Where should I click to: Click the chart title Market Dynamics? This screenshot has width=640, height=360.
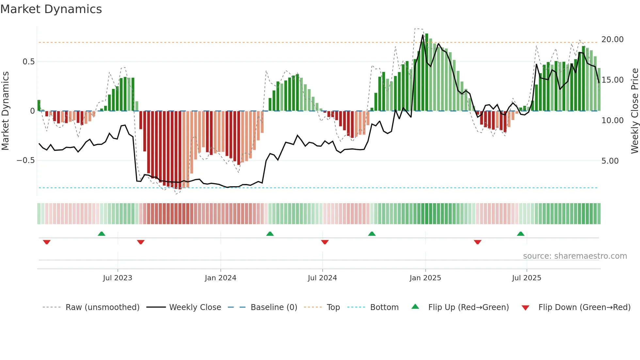click(x=51, y=9)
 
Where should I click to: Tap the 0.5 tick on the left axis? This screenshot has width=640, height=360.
click(x=28, y=62)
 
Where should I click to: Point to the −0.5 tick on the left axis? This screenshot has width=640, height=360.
click(x=25, y=160)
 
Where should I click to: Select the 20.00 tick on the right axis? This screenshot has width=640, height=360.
click(x=612, y=40)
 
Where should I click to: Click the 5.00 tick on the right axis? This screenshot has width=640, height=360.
click(x=610, y=161)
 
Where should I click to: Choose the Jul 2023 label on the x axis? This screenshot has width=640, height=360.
click(x=118, y=278)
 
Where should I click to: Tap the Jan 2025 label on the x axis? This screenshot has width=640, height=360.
click(x=425, y=278)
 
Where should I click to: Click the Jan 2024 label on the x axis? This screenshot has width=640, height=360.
click(x=220, y=278)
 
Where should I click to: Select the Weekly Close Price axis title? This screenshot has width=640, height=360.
click(x=634, y=111)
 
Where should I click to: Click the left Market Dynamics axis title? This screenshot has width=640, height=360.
click(x=5, y=111)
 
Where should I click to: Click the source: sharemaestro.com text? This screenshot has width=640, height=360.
click(x=575, y=256)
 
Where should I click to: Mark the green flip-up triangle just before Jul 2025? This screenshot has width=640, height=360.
click(x=520, y=234)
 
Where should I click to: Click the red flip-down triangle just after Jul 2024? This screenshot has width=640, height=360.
click(x=325, y=242)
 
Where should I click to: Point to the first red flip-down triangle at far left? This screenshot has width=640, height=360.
click(x=47, y=242)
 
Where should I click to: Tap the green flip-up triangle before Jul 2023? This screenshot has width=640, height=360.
click(x=102, y=234)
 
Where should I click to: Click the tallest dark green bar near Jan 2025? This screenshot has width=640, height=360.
click(x=426, y=72)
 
